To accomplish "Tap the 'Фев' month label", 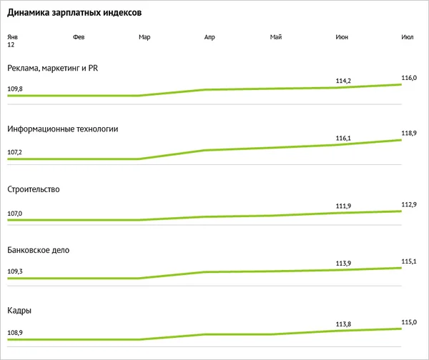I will point(79,37).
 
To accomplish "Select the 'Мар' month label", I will point(144,37).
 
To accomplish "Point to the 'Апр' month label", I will point(210,37).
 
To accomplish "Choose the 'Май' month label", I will point(276,37).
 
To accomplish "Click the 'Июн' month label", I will point(342,37).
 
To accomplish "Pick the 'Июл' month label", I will point(408,37).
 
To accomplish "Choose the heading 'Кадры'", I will point(19,311).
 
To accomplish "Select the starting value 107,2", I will point(15,152).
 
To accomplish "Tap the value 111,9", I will point(343,206).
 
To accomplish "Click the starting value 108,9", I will point(15,333).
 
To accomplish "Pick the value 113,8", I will point(343,324).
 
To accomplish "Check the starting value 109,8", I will point(15,89).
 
